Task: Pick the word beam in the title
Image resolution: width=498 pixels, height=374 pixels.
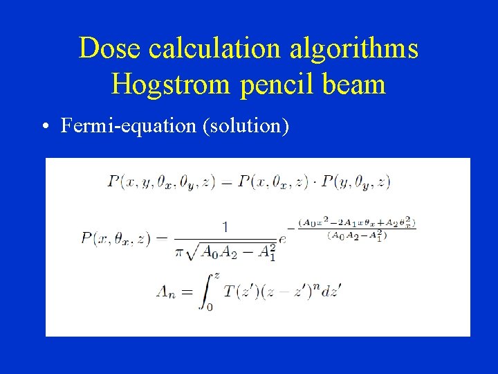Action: (x=354, y=84)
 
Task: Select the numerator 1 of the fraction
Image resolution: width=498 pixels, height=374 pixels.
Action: (x=225, y=226)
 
